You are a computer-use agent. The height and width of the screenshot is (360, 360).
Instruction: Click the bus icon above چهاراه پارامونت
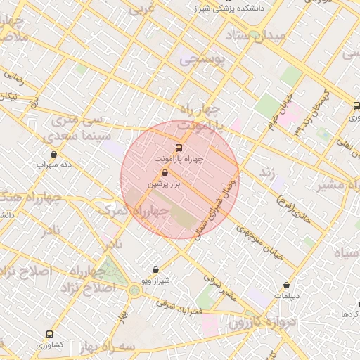(x=179, y=148)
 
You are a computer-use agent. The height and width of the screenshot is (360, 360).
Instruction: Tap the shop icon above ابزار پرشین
(x=165, y=172)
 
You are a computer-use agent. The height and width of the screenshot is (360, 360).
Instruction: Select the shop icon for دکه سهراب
(x=54, y=154)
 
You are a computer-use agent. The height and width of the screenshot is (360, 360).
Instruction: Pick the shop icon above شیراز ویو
(x=155, y=269)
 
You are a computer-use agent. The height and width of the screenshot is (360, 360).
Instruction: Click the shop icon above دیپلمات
(x=286, y=285)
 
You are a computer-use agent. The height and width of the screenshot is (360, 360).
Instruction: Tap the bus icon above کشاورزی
(x=49, y=334)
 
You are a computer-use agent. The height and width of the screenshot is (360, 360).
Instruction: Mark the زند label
(x=266, y=172)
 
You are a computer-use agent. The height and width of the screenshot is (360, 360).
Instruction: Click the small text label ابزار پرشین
(x=165, y=183)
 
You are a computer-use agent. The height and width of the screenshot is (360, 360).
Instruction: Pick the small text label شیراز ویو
(x=155, y=281)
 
